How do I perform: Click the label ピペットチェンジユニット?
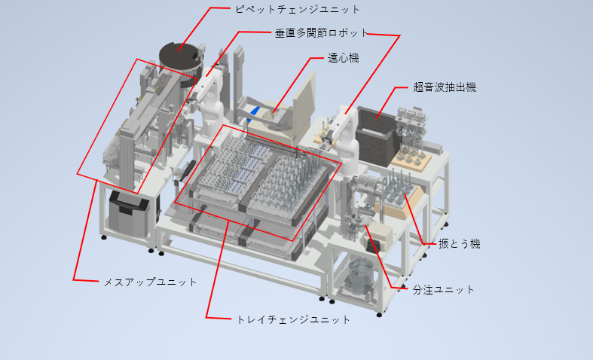coord(298,9)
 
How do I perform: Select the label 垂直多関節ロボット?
coord(322,33)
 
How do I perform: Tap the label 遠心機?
coord(344,58)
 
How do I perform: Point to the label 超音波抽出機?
coord(445,87)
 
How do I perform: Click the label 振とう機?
coord(460,244)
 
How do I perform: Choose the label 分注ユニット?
coord(443,290)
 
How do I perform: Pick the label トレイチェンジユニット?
coord(293,319)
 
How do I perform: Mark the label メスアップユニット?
coord(150,282)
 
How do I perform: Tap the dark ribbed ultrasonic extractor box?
coord(375,136)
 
